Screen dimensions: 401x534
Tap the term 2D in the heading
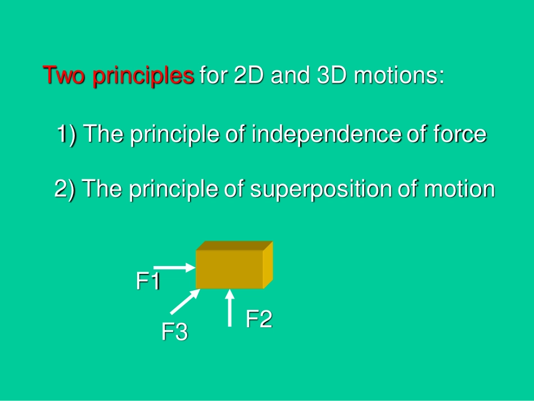pos(248,75)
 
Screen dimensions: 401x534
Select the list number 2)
pos(65,190)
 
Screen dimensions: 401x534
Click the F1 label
pos(148,281)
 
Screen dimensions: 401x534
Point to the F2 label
pos(259,319)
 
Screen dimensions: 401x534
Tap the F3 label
pos(175,332)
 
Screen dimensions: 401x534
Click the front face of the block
pos(229,269)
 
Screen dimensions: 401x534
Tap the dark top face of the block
pos(234,246)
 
